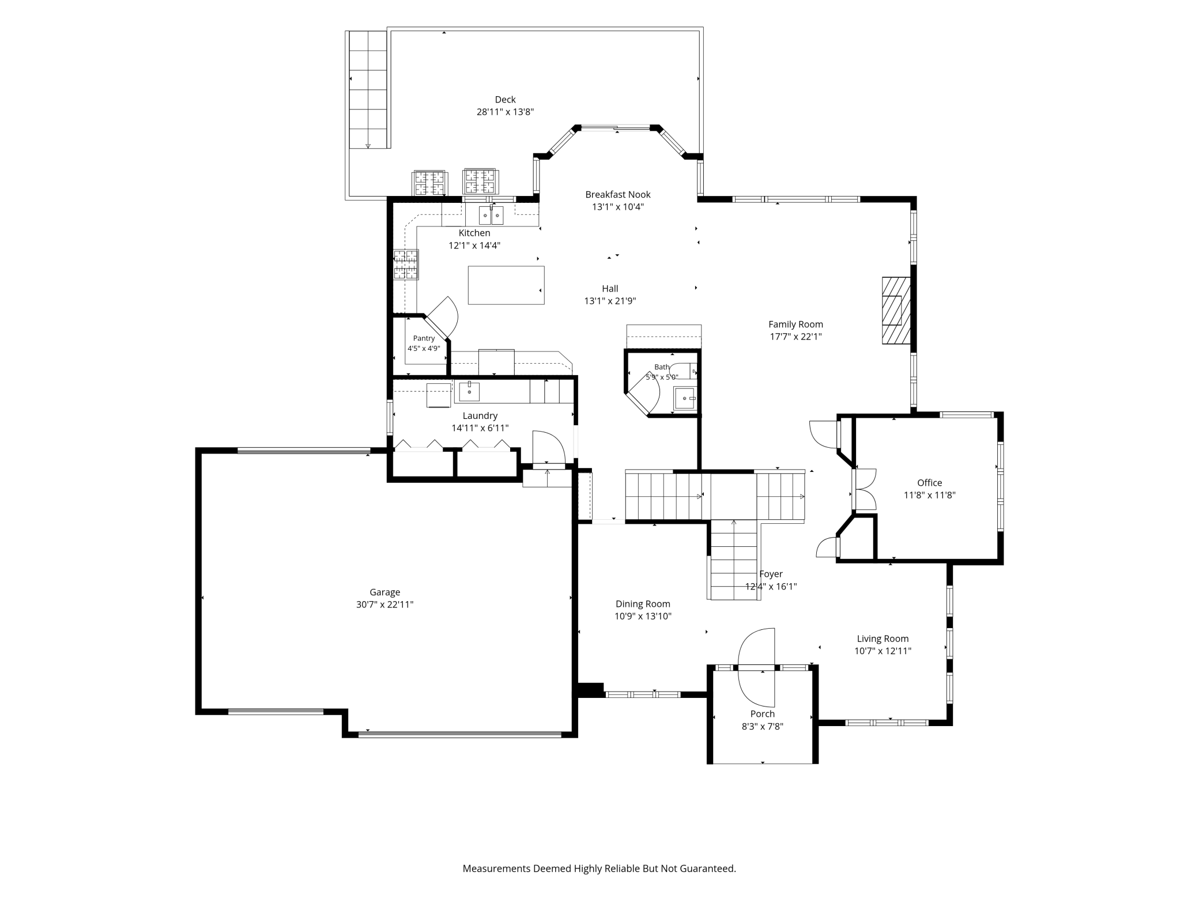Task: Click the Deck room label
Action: [505, 100]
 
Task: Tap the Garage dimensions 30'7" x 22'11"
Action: [384, 605]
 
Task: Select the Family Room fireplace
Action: [896, 311]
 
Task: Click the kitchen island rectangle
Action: [506, 285]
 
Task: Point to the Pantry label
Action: [424, 338]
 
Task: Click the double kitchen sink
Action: [491, 215]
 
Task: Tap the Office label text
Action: [929, 483]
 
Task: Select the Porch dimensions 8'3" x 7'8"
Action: [762, 727]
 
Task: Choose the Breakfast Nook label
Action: [618, 195]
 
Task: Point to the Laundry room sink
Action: [469, 391]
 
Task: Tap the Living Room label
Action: [883, 639]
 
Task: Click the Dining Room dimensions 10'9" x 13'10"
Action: [643, 616]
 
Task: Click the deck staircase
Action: [368, 89]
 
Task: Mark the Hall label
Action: [610, 289]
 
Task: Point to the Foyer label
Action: [771, 574]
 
